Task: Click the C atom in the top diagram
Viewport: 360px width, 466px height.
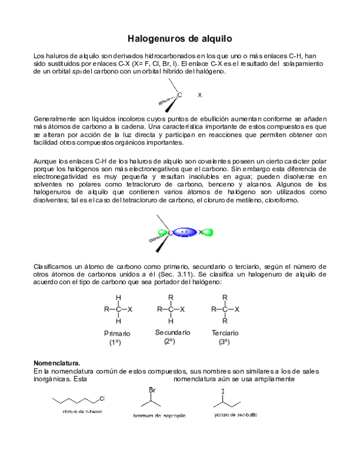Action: pyautogui.click(x=179, y=95)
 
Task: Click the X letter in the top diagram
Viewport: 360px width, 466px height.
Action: pyautogui.click(x=200, y=95)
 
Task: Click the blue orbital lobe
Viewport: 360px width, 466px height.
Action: pyautogui.click(x=185, y=232)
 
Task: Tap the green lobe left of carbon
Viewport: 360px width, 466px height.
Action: pyautogui.click(x=163, y=232)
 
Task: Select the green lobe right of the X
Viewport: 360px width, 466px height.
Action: pyautogui.click(x=208, y=232)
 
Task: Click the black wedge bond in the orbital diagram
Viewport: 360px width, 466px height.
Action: pyautogui.click(x=161, y=244)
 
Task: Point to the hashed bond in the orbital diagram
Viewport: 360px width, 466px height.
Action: pyautogui.click(x=158, y=238)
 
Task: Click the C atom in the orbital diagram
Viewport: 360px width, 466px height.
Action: pyautogui.click(x=170, y=232)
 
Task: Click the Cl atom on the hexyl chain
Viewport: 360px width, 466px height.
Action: pyautogui.click(x=102, y=398)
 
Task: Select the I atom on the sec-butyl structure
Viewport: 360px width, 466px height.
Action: pyautogui.click(x=223, y=392)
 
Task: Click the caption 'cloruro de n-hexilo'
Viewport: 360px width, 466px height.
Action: pyautogui.click(x=82, y=412)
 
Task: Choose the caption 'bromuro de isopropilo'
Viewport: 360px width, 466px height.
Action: pyautogui.click(x=159, y=416)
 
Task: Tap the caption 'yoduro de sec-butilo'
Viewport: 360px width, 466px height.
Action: pyautogui.click(x=235, y=415)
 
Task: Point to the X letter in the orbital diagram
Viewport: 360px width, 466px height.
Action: pyautogui.click(x=200, y=232)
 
